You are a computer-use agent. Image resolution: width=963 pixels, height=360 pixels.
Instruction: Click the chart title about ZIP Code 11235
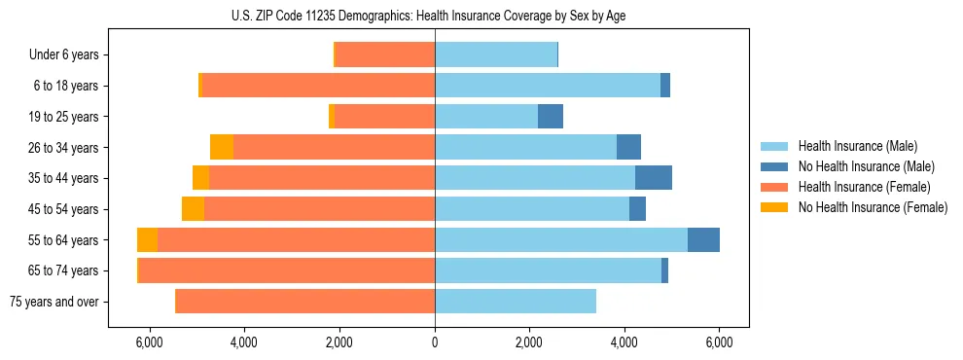[x=435, y=17]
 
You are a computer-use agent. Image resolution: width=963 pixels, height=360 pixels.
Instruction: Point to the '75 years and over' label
[x=54, y=302]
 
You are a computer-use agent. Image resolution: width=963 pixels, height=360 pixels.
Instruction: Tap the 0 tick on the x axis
[x=435, y=342]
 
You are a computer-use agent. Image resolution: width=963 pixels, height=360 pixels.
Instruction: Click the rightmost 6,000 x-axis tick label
[x=719, y=342]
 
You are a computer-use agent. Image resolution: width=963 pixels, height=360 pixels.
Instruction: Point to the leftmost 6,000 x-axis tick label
[x=150, y=342]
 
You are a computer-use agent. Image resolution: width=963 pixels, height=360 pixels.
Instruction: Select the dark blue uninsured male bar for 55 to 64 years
[x=703, y=240]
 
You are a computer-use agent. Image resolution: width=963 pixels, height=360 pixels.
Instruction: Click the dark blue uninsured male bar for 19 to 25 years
[x=551, y=117]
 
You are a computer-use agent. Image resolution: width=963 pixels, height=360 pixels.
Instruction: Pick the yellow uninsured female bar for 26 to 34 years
[x=222, y=148]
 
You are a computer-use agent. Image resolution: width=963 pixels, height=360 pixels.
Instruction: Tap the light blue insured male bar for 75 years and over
[x=516, y=302]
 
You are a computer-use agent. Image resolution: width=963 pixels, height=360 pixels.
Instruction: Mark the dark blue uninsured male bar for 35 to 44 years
[x=654, y=178]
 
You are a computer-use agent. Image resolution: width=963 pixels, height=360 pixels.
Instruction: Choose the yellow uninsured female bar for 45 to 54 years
[x=193, y=209]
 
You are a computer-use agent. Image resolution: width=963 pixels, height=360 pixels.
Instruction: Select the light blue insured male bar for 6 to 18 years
[x=548, y=86]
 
